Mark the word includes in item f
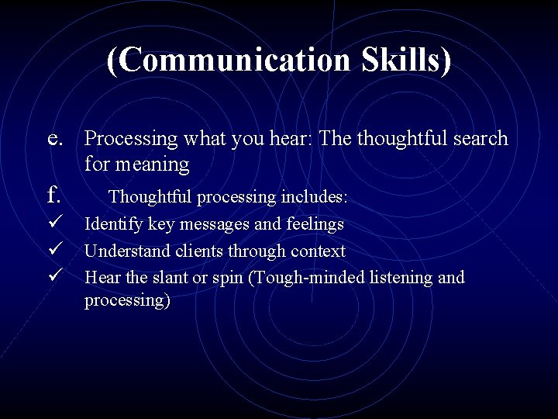coord(313,197)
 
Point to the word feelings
coord(314,225)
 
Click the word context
coord(318,251)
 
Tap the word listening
coord(396,277)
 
